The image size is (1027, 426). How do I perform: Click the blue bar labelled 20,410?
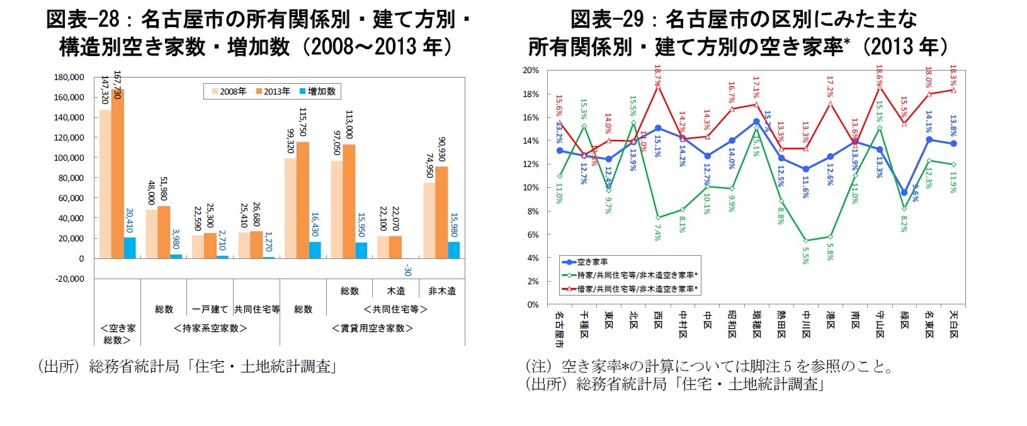click(130, 248)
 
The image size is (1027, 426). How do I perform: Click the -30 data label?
click(407, 270)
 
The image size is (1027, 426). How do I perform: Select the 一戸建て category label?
click(210, 309)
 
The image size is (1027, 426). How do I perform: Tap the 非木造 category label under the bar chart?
click(442, 291)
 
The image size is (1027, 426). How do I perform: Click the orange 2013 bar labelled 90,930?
click(442, 212)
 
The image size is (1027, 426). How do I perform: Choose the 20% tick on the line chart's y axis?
click(530, 71)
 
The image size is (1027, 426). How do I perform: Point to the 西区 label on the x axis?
click(658, 321)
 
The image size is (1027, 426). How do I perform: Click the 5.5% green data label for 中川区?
click(806, 255)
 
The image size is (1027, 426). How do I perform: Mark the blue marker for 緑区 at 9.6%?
click(904, 193)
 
